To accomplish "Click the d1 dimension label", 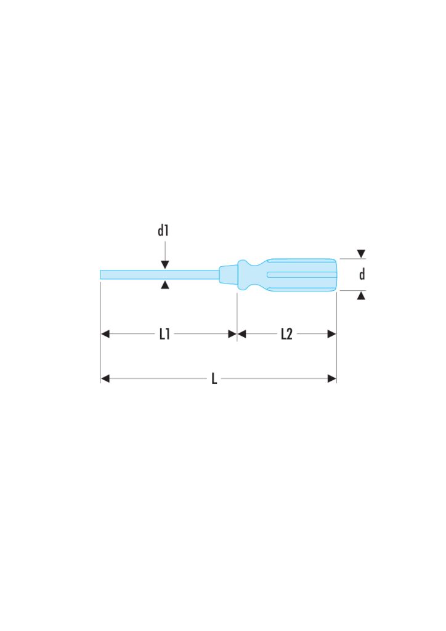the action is [163, 230].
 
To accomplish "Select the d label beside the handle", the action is [362, 274].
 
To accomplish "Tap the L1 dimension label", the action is [164, 333].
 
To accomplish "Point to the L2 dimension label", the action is [286, 333].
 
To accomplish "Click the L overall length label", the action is [214, 378].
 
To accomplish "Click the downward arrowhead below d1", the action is [165, 265].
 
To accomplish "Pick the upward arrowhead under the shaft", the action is [165, 285].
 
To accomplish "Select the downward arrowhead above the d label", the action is [361, 254].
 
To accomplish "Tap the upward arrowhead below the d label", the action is [361, 296].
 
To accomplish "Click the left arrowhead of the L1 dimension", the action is [105, 333].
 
